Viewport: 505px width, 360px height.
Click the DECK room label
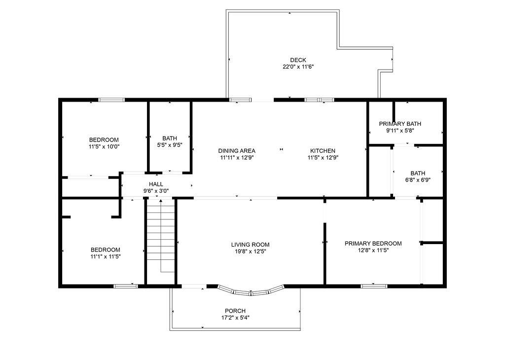[x=298, y=60]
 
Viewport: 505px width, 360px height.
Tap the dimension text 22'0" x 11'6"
[x=298, y=67]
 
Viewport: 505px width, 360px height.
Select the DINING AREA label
[x=237, y=151]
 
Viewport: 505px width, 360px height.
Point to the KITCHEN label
[x=323, y=151]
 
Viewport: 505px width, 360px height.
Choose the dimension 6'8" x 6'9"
[x=418, y=180]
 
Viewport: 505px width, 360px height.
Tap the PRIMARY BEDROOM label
[x=373, y=243]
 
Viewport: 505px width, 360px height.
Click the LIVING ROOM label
[x=250, y=245]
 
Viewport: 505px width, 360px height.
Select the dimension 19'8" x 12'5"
[x=250, y=252]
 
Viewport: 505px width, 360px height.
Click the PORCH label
[x=235, y=311]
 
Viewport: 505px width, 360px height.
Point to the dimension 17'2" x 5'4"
[x=235, y=318]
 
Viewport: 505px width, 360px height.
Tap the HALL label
[x=156, y=184]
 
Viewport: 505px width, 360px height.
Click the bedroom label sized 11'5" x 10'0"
[x=104, y=140]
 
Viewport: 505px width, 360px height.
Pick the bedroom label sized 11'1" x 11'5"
[x=105, y=250]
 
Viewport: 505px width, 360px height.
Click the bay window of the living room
[x=252, y=292]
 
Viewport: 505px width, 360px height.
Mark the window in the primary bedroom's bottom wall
[x=373, y=286]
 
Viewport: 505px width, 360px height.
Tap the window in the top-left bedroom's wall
[x=111, y=100]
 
